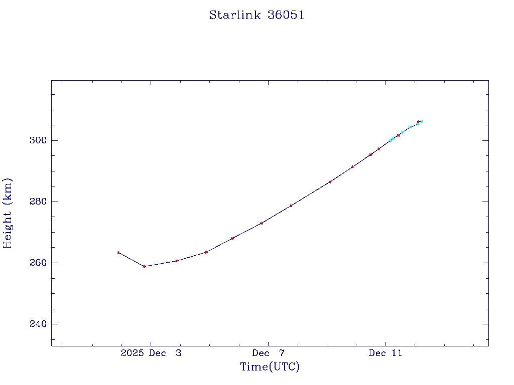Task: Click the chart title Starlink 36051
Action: coord(257,15)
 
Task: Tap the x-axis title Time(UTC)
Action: coord(270,367)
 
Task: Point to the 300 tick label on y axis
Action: coord(38,140)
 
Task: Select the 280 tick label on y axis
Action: coord(38,202)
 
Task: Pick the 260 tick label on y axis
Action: coord(38,263)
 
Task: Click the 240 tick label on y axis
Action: coord(38,324)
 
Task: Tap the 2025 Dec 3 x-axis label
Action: coord(151,353)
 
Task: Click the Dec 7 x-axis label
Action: coord(268,353)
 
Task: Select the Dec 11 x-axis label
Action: coord(385,353)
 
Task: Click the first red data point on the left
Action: coord(118,252)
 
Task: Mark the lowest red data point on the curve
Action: coord(144,266)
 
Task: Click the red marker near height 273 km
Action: coord(262,223)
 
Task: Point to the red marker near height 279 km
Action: coord(291,206)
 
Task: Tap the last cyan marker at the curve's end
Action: coord(422,121)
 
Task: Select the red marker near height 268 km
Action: coord(232,238)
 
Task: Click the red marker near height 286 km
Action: coord(330,181)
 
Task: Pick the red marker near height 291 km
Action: coord(353,167)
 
